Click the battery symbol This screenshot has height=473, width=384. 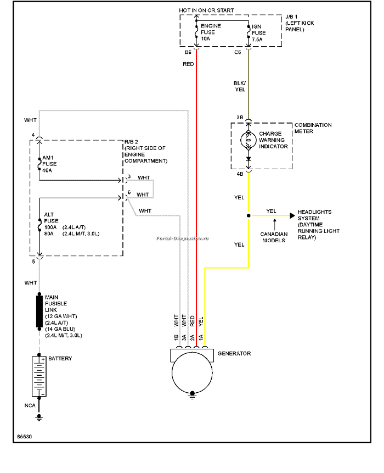click(39, 376)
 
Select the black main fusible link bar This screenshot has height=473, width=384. click(39, 311)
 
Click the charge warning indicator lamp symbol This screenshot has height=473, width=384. click(249, 140)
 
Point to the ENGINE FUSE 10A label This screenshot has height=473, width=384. click(211, 32)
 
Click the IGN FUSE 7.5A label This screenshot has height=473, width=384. click(259, 33)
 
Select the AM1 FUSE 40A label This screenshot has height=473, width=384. click(49, 164)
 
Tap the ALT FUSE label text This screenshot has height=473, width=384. click(51, 218)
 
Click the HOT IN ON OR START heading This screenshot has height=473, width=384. click(206, 10)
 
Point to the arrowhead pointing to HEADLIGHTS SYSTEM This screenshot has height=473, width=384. click(292, 215)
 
